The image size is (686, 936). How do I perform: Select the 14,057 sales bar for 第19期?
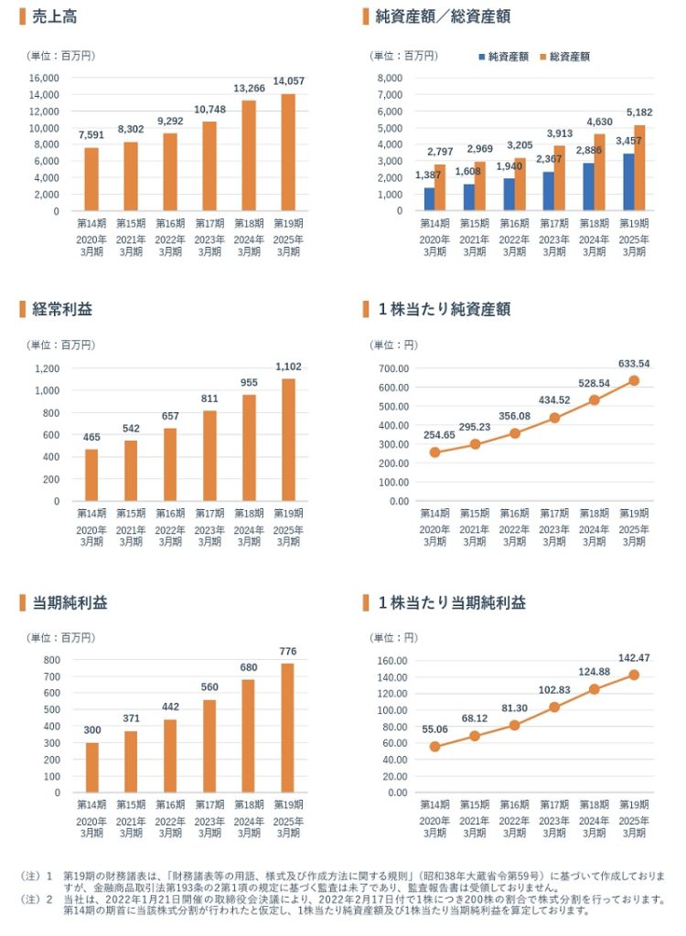[x=288, y=152]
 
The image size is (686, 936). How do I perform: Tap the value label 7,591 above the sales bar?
[x=91, y=136]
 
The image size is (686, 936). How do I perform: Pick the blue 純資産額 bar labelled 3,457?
[x=629, y=182]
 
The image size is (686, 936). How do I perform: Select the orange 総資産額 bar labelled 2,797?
[x=440, y=187]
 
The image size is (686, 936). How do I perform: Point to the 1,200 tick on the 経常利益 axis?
[x=47, y=368]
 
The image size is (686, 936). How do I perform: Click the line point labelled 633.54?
[x=634, y=380]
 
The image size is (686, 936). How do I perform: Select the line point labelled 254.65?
[x=434, y=452]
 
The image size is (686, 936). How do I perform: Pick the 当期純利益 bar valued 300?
[x=91, y=767]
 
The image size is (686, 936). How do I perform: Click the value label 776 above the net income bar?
[x=288, y=651]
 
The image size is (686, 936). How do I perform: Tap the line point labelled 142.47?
[x=634, y=675]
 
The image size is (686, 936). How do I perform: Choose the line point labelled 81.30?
[x=514, y=725]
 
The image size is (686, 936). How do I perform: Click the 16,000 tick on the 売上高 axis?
[x=44, y=78]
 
